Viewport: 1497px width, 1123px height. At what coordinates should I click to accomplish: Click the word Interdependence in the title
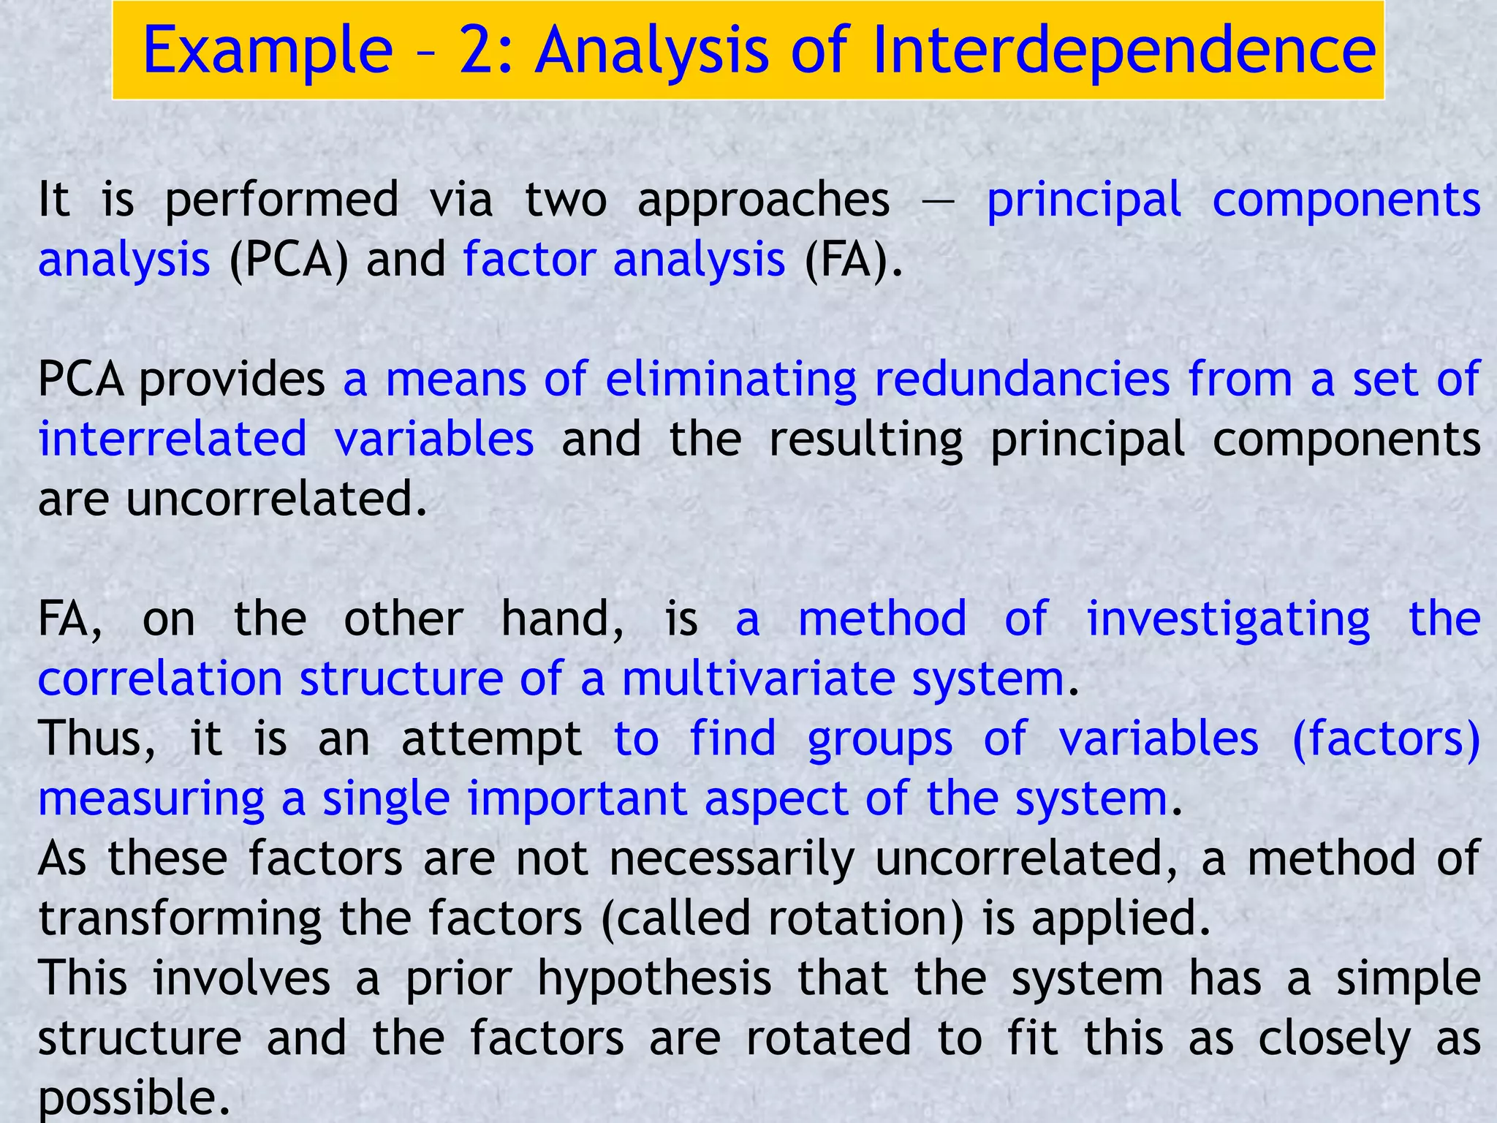pos(1123,50)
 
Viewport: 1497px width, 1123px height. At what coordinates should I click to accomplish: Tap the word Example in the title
pos(268,51)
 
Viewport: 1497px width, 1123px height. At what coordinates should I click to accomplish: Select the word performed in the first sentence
pos(282,200)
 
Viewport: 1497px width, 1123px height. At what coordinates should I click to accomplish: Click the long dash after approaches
pos(939,200)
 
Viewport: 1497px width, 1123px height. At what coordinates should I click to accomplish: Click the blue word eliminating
pos(731,380)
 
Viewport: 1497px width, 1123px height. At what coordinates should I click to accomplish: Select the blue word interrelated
pos(173,439)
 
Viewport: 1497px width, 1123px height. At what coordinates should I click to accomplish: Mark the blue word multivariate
pos(759,679)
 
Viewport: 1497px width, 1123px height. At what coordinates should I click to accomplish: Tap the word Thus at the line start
pos(96,738)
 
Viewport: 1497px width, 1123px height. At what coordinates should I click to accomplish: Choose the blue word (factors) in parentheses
pos(1386,738)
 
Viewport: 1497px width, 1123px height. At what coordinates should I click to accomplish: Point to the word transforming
pos(180,919)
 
